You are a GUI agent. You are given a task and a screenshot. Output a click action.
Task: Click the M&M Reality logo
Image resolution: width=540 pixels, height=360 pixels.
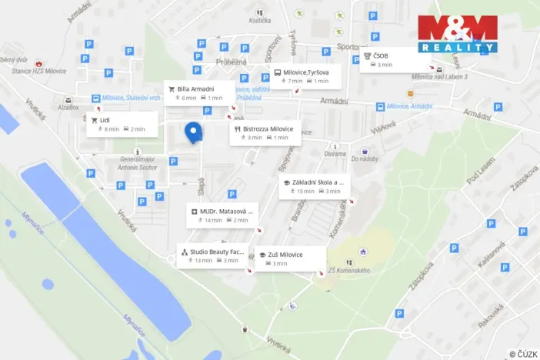click(458, 33)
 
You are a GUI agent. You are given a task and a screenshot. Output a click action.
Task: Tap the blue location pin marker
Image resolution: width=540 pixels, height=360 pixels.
click(193, 132)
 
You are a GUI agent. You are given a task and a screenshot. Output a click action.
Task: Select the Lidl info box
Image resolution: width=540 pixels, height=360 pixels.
click(122, 124)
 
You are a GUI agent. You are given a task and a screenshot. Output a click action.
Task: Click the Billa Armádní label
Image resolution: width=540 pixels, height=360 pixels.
click(199, 92)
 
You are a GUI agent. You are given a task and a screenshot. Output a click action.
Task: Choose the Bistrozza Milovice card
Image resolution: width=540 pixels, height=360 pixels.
click(265, 132)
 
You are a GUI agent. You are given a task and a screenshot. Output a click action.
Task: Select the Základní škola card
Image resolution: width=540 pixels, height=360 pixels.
click(314, 186)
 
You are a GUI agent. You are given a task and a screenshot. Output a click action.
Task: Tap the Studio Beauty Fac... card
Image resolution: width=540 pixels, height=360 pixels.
click(214, 255)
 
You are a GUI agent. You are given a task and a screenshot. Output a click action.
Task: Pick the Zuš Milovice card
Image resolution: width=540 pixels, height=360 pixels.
click(290, 258)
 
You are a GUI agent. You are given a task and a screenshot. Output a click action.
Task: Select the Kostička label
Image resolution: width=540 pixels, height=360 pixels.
click(259, 20)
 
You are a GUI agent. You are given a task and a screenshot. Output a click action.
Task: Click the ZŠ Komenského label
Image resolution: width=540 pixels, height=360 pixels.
click(349, 271)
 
